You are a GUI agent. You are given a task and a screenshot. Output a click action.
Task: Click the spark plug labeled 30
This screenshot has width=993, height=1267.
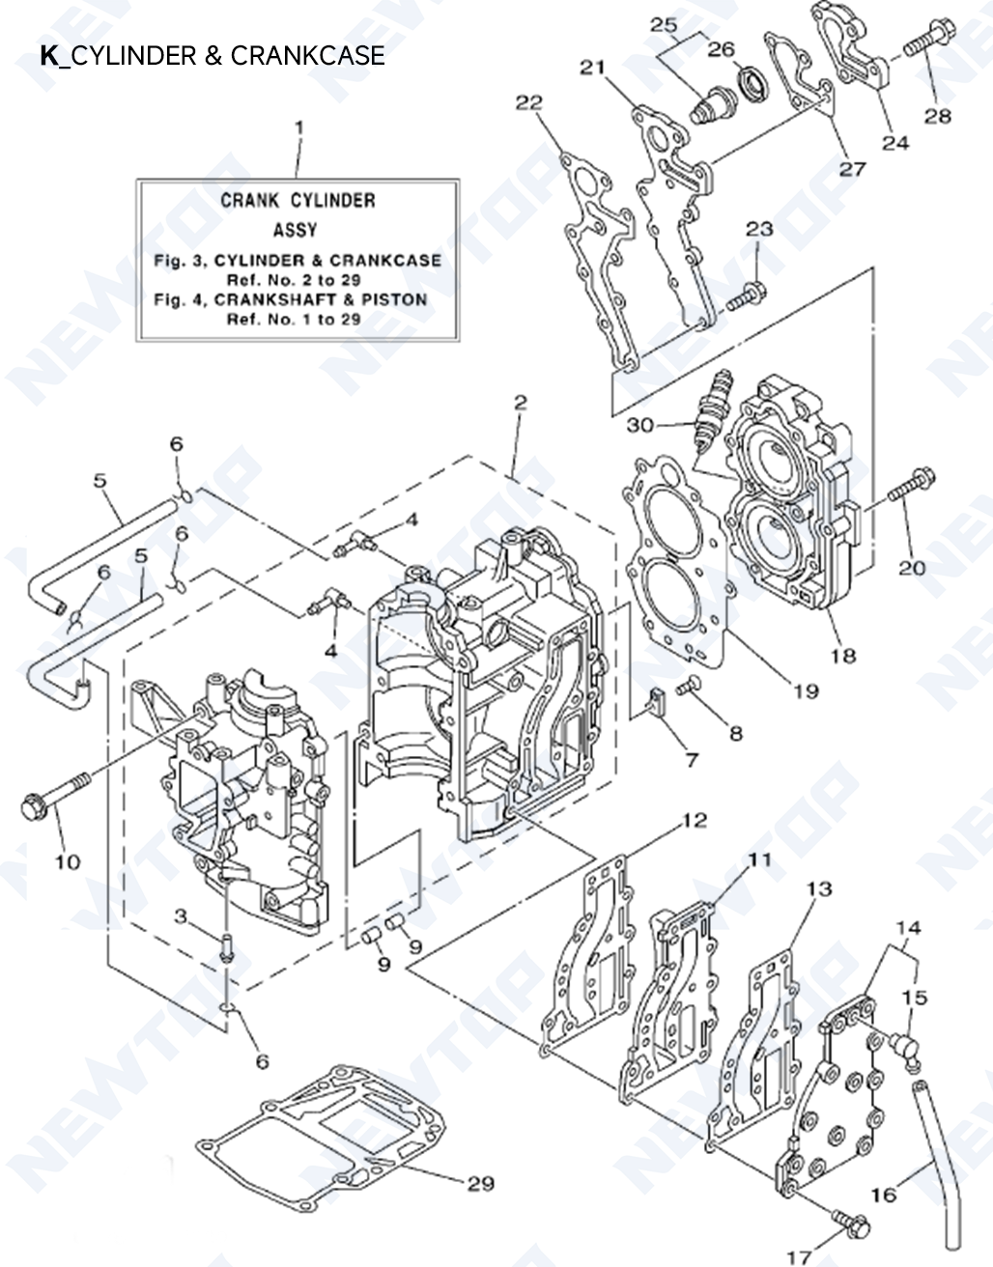coord(710,412)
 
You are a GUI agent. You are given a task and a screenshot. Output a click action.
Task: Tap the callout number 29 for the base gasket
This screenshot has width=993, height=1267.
coord(480,1184)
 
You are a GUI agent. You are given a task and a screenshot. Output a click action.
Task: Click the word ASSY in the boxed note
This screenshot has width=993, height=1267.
coord(295,231)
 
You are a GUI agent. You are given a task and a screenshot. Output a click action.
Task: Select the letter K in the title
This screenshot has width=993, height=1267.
coord(48,56)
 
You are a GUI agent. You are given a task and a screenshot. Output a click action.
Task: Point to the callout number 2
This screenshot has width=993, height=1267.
coord(520,403)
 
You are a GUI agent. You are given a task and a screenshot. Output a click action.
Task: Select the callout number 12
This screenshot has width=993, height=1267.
coord(695,822)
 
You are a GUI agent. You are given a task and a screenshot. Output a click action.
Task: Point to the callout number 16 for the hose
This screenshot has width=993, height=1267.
coord(883,1195)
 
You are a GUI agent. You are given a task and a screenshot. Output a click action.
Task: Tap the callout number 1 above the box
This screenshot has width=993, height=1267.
coord(298,127)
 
